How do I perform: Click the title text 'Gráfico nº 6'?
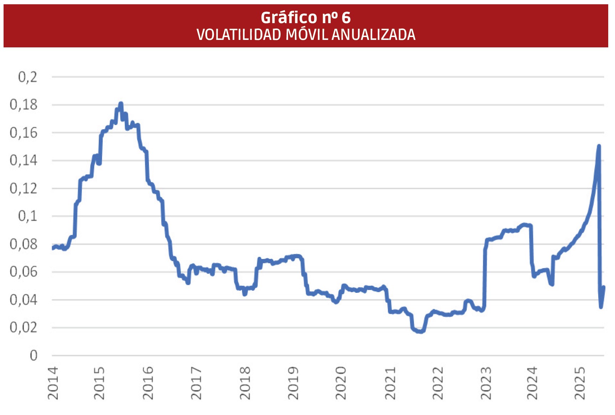click(x=306, y=17)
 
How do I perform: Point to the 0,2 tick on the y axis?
click(x=27, y=77)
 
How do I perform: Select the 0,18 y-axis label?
click(x=24, y=105)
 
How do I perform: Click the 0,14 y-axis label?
click(x=24, y=160)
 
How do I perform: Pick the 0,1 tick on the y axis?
click(x=27, y=216)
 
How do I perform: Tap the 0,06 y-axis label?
click(x=24, y=272)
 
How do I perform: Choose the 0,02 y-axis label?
click(x=24, y=327)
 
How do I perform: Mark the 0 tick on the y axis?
click(x=34, y=355)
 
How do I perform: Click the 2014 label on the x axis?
click(x=53, y=383)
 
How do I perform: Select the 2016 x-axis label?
click(x=148, y=383)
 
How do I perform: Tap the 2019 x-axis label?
click(x=293, y=383)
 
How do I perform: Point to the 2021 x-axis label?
click(x=390, y=383)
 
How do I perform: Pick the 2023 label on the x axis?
click(x=486, y=383)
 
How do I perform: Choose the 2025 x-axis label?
click(x=580, y=383)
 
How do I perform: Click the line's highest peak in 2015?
click(x=121, y=103)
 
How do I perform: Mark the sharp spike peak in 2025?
click(x=599, y=146)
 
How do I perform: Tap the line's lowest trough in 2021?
click(x=421, y=332)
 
